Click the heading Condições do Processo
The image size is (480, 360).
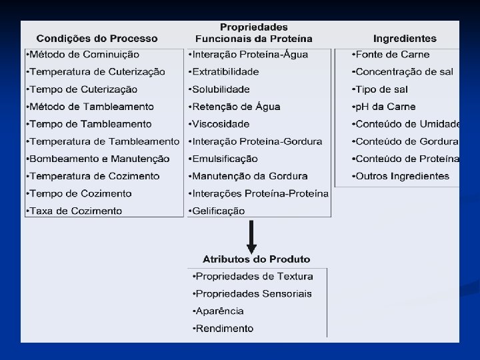click(x=97, y=39)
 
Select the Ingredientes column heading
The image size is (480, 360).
click(x=405, y=39)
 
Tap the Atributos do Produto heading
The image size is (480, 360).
click(x=257, y=259)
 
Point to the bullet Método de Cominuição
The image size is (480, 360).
click(x=83, y=55)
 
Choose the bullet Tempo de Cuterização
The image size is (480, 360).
click(x=81, y=89)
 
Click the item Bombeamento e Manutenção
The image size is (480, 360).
click(x=97, y=159)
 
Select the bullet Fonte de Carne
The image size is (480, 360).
click(x=391, y=55)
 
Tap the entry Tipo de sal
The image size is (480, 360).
click(x=381, y=89)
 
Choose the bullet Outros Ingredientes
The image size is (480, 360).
click(x=401, y=176)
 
